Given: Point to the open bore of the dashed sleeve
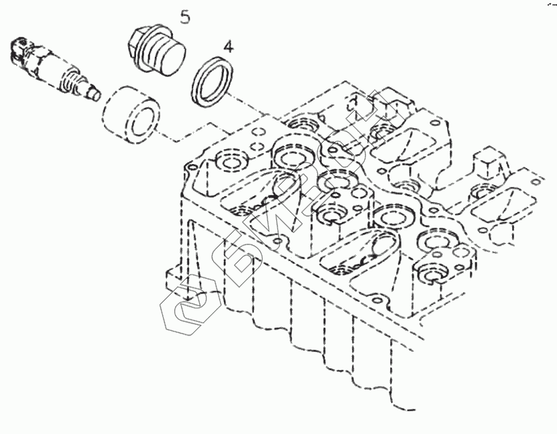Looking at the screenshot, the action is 143,121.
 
